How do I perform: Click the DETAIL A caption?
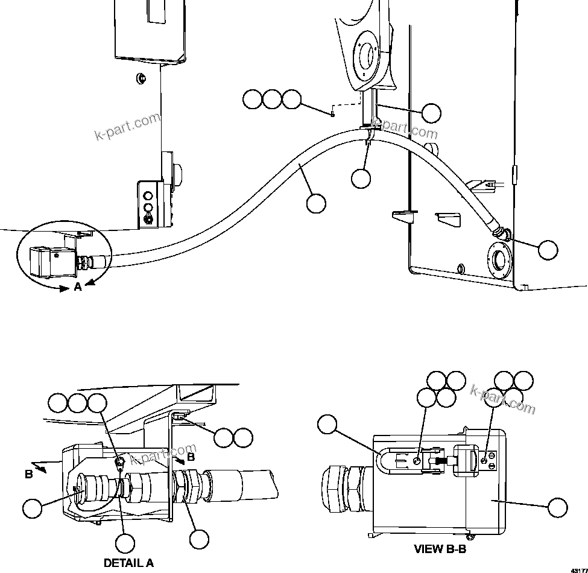click(x=128, y=563)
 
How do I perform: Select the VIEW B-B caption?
click(x=440, y=549)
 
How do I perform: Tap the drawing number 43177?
click(x=578, y=569)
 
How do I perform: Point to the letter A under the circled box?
click(x=77, y=288)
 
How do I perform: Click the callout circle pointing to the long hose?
click(x=316, y=203)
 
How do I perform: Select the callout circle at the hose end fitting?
click(x=548, y=250)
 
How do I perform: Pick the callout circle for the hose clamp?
click(x=361, y=178)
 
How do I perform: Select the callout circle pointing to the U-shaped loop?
click(x=327, y=425)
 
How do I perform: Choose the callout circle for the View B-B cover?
click(x=557, y=507)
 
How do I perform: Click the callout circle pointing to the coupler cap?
click(x=33, y=508)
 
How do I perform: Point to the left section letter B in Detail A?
click(x=28, y=475)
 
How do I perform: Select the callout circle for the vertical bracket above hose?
click(x=431, y=113)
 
